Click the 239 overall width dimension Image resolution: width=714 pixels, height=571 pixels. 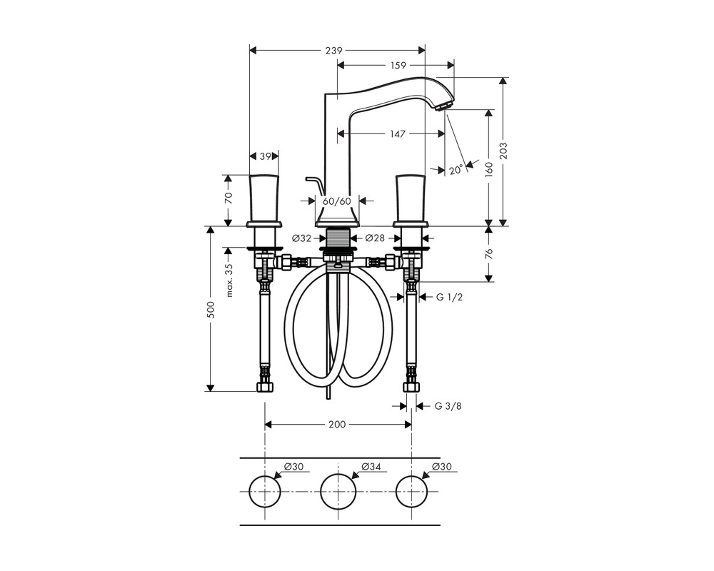333,51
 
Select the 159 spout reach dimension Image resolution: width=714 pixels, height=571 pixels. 398,66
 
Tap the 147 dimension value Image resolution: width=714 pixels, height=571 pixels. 397,134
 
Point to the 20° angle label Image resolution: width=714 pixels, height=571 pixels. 456,171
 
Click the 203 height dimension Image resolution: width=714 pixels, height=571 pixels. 503,151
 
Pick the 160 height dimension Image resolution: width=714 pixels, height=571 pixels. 489,169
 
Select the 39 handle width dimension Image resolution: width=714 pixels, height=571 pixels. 266,156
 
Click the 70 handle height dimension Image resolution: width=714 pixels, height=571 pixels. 228,198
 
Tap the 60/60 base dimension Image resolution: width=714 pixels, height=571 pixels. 337,201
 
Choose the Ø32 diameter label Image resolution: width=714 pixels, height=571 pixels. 301,238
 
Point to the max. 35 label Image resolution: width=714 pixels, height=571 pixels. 229,281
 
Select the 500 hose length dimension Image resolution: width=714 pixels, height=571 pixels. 211,310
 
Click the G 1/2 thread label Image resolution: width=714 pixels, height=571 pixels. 449,298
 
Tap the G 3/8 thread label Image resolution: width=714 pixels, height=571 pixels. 448,405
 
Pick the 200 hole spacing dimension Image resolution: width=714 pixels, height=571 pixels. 337,425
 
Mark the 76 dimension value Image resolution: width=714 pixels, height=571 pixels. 489,253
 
